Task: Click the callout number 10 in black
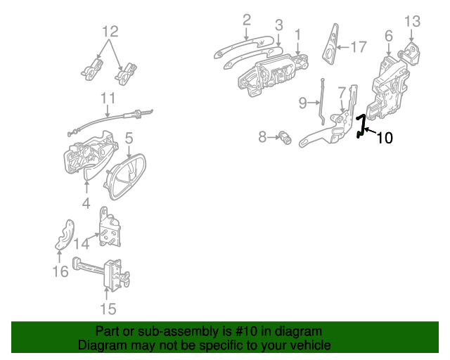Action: pos(385,138)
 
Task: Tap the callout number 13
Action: pos(413,22)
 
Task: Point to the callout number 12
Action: pos(110,32)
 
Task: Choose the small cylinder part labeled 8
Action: pos(285,138)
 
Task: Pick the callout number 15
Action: pos(108,309)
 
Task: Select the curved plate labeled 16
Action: pos(65,235)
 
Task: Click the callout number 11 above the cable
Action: pos(108,98)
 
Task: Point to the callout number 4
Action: pos(86,203)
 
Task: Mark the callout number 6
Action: pos(389,36)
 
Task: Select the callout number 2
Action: pos(247,20)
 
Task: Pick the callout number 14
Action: pos(82,244)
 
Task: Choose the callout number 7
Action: pos(342,93)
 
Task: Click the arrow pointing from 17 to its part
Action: pos(342,47)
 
